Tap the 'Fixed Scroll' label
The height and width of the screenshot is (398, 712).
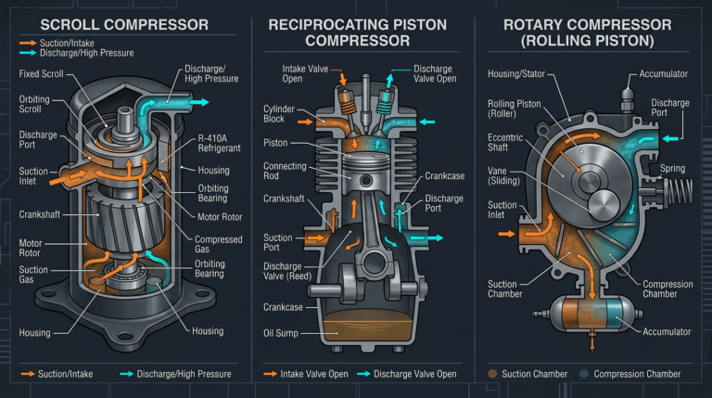(x=40, y=72)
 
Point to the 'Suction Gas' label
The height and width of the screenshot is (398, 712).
(x=35, y=275)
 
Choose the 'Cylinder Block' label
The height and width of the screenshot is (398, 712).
(x=279, y=114)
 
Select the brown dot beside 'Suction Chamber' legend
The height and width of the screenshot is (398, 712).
(x=492, y=374)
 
